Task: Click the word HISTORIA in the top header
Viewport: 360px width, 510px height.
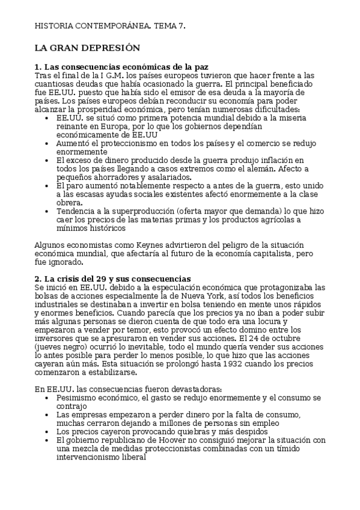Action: point(54,26)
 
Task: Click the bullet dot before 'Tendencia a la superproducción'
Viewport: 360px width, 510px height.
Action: point(47,212)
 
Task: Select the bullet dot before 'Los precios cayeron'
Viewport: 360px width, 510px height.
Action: point(47,432)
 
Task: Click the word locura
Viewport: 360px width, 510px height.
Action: point(282,321)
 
